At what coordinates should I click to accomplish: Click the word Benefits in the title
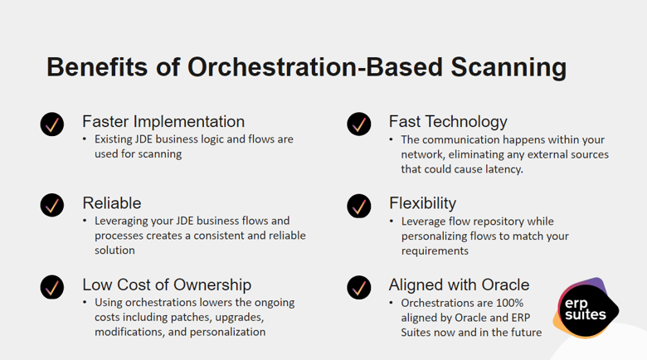tap(97, 67)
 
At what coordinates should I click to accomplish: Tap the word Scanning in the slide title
tap(508, 68)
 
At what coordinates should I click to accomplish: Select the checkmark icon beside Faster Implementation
tap(52, 124)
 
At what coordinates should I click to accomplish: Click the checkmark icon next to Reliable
tap(52, 205)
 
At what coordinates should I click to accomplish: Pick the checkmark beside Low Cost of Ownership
tap(52, 287)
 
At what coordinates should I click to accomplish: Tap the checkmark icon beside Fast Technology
tap(359, 124)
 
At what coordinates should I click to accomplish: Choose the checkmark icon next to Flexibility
tap(359, 206)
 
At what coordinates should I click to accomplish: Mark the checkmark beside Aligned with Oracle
tap(359, 287)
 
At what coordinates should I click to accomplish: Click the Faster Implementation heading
tap(163, 122)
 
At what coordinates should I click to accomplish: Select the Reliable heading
tap(112, 203)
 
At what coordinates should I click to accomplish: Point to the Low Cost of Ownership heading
tap(167, 285)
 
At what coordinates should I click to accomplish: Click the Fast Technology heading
tap(448, 122)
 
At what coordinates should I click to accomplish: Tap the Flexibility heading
tap(422, 203)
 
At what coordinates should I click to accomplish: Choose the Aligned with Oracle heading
tap(459, 285)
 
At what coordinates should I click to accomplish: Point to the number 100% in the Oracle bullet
tap(509, 303)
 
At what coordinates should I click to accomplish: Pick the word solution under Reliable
tap(114, 251)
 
